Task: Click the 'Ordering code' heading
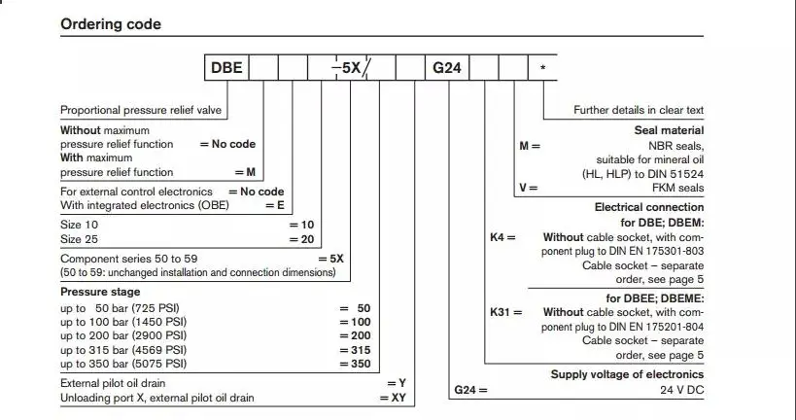coord(111,24)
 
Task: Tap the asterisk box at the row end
coord(541,69)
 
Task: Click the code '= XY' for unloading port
coord(392,399)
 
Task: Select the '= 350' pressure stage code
coord(355,363)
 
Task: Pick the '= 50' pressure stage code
coord(355,307)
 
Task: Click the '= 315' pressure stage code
coord(355,349)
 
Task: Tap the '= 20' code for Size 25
coord(302,238)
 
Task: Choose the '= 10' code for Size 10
coord(302,225)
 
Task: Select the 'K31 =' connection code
coord(505,312)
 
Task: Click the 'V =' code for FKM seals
coord(528,188)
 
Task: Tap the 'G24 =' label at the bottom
coord(470,390)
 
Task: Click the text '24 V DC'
coord(678,390)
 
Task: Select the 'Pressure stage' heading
coord(100,292)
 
